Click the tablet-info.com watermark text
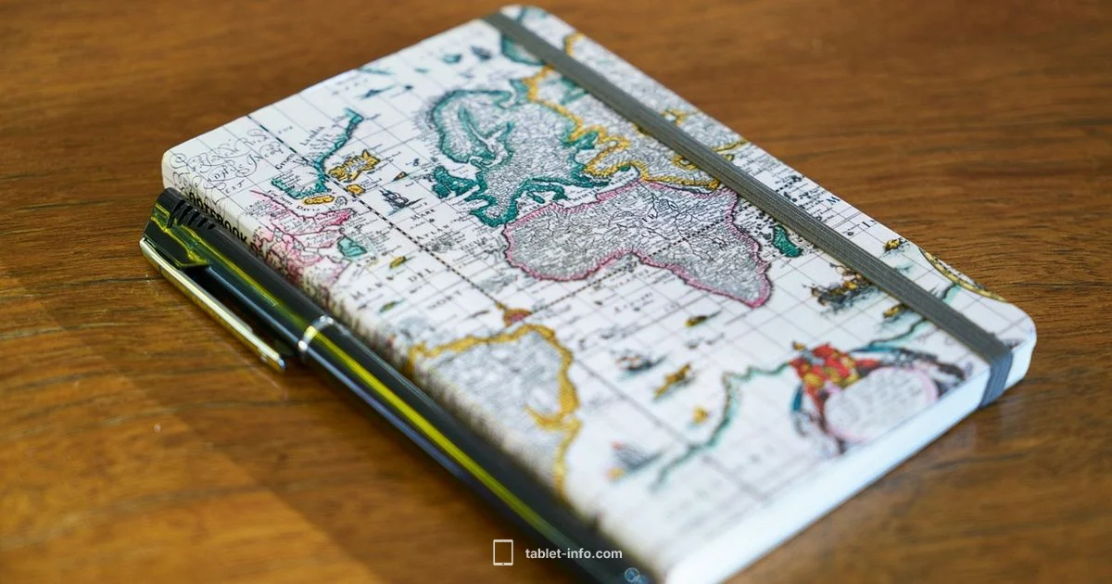574,553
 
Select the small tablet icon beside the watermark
503,553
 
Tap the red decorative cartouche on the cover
825,366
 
